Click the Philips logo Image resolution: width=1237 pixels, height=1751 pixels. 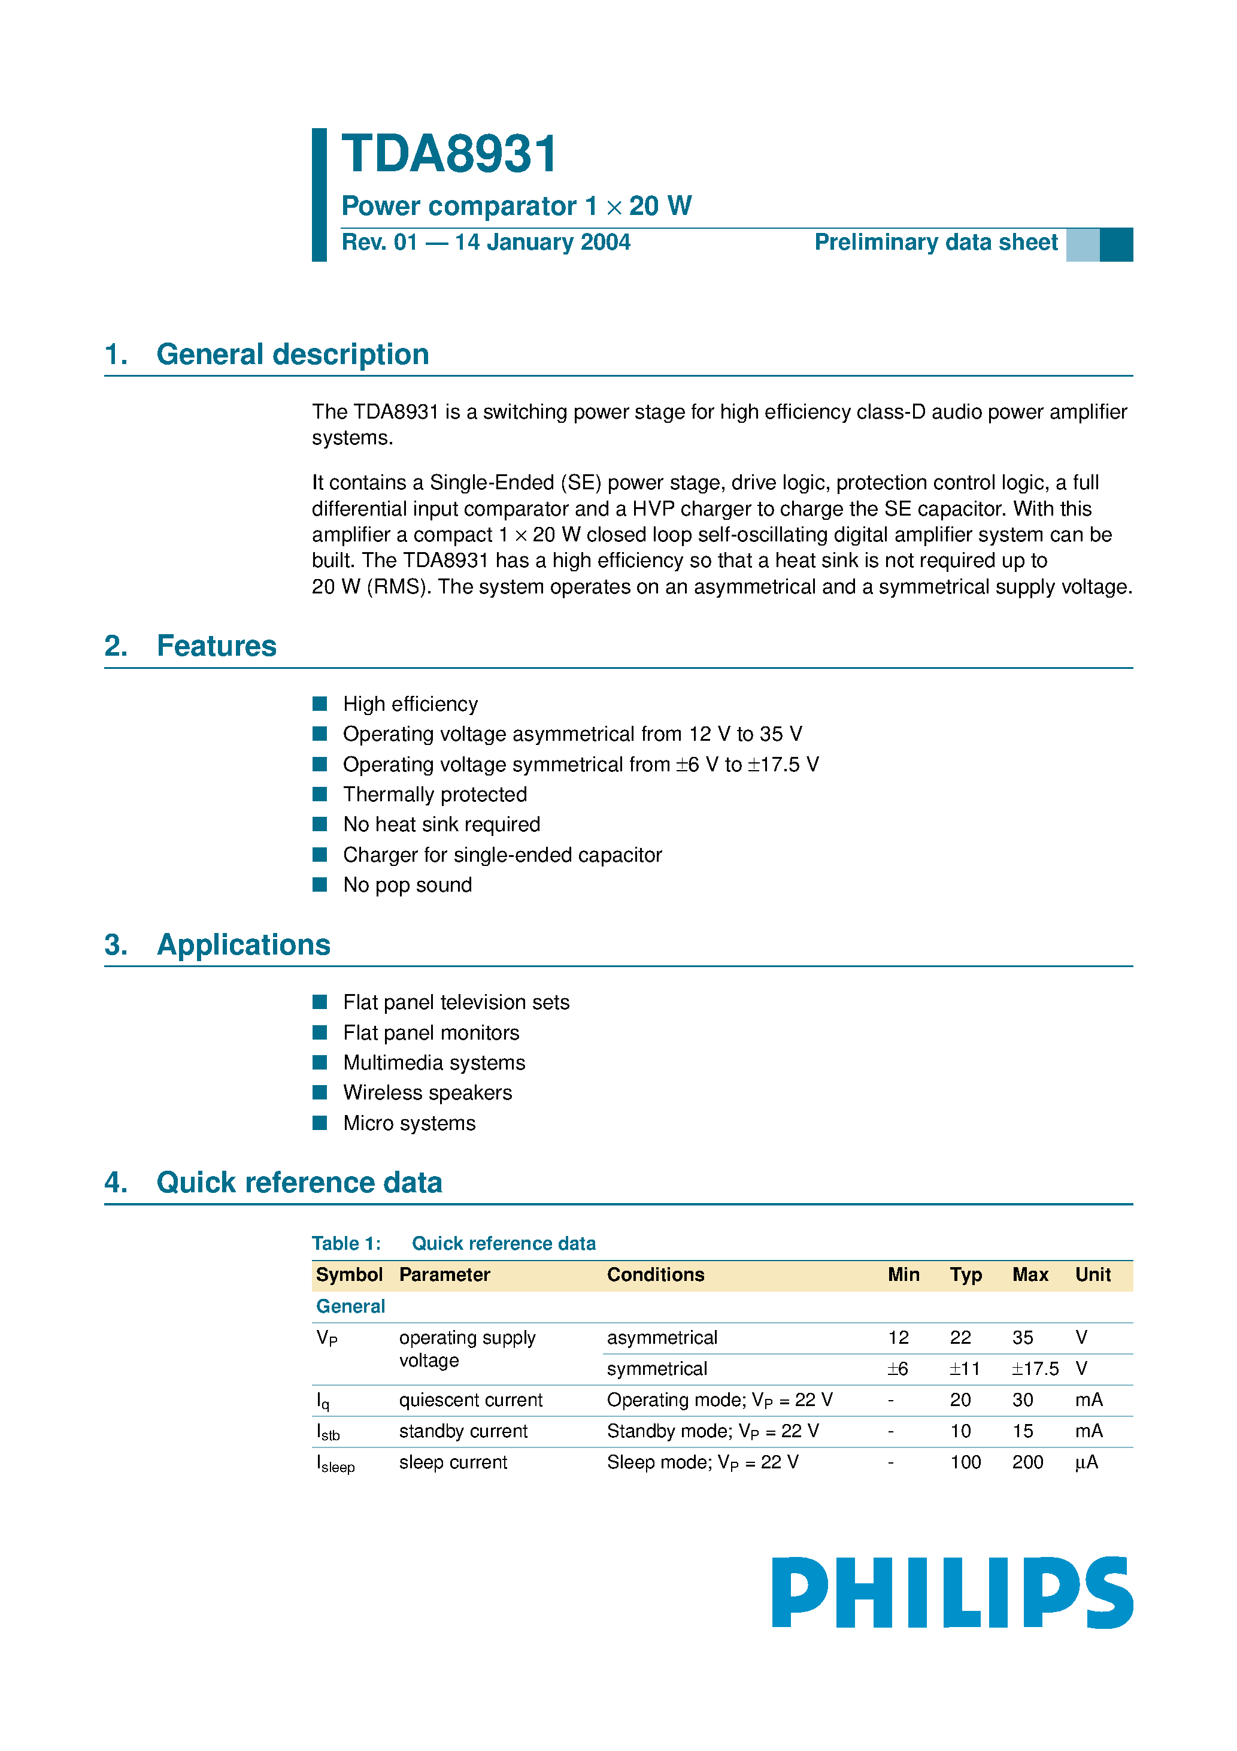[x=952, y=1592]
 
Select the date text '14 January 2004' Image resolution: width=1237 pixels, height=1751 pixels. [x=542, y=243]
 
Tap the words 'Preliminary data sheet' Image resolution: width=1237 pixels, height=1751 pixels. [x=936, y=243]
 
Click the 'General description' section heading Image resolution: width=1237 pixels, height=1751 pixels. [x=292, y=355]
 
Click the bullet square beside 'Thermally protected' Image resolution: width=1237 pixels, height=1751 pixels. [x=320, y=794]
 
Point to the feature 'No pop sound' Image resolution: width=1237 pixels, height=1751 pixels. [x=407, y=884]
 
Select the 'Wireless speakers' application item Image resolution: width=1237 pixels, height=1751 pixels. [x=427, y=1093]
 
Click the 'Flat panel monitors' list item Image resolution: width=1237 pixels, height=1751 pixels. [x=431, y=1032]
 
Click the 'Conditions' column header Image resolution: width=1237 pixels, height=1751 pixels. [x=655, y=1274]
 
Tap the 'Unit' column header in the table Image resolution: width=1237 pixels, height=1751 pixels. [x=1092, y=1274]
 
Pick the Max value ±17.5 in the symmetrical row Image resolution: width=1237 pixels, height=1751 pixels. [x=1035, y=1369]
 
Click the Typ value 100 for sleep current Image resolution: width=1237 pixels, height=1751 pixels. [x=965, y=1462]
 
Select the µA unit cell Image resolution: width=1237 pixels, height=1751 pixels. [x=1086, y=1462]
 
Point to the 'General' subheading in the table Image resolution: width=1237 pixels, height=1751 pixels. [x=350, y=1307]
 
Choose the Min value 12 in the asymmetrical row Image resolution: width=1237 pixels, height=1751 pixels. [x=898, y=1338]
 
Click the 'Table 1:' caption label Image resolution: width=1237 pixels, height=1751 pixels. [x=346, y=1244]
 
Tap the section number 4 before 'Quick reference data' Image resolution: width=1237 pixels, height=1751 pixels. [x=115, y=1183]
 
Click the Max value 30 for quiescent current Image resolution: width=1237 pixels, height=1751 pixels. [x=1022, y=1400]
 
